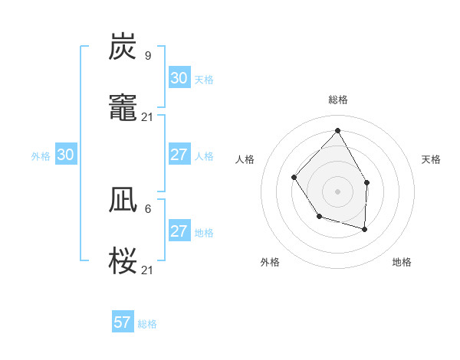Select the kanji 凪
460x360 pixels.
(x=123, y=201)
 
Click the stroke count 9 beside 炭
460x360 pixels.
(x=148, y=55)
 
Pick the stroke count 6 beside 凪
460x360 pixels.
(x=148, y=208)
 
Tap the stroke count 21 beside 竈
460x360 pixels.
(x=148, y=116)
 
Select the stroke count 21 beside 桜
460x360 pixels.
(x=148, y=269)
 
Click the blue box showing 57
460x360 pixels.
(x=123, y=322)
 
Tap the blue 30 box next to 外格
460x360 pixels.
(x=66, y=155)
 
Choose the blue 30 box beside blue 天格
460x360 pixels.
(x=179, y=78)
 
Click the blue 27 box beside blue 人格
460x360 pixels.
(x=179, y=155)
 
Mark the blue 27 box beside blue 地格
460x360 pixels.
(x=179, y=231)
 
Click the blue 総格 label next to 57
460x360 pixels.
(x=147, y=324)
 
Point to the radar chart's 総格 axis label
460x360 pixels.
(x=338, y=100)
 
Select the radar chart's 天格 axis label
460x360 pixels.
(x=431, y=159)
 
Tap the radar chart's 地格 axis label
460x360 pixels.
(x=402, y=262)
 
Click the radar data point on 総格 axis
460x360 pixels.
(x=337, y=130)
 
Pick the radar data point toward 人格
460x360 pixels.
(x=294, y=177)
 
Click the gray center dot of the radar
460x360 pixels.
(x=337, y=191)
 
